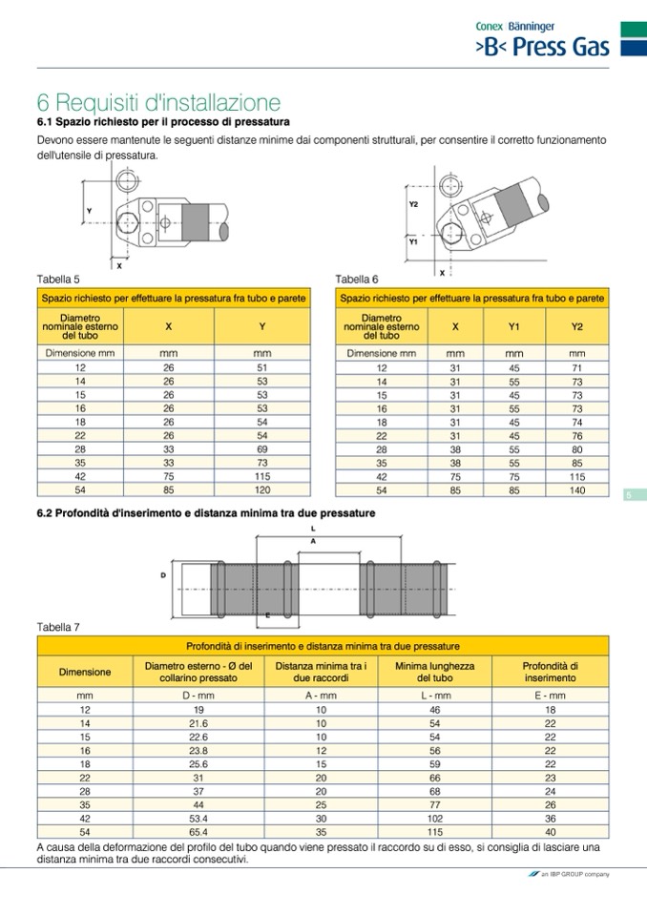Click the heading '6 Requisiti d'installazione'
(x=158, y=102)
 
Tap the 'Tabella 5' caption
(x=58, y=279)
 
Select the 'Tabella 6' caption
(x=357, y=279)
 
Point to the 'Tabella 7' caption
(x=58, y=627)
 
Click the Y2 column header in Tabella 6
(x=576, y=326)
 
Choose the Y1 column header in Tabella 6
(x=514, y=326)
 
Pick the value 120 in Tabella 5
(x=262, y=490)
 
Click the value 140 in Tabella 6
(x=576, y=490)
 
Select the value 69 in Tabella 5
(x=262, y=448)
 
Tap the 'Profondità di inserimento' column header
(x=550, y=672)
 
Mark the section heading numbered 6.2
(x=205, y=513)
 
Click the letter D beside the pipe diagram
(x=163, y=574)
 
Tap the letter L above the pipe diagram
(x=313, y=527)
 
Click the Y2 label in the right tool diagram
(x=413, y=204)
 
